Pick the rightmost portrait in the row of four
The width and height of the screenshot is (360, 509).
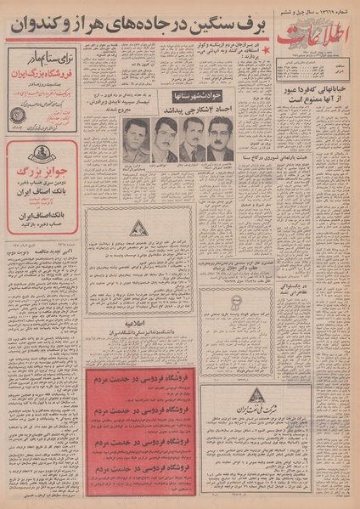point(221,139)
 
